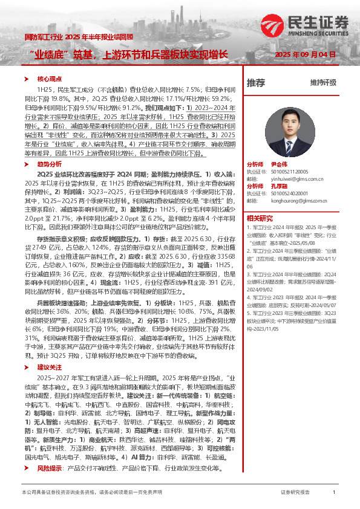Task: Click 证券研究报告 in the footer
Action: [x=295, y=493]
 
